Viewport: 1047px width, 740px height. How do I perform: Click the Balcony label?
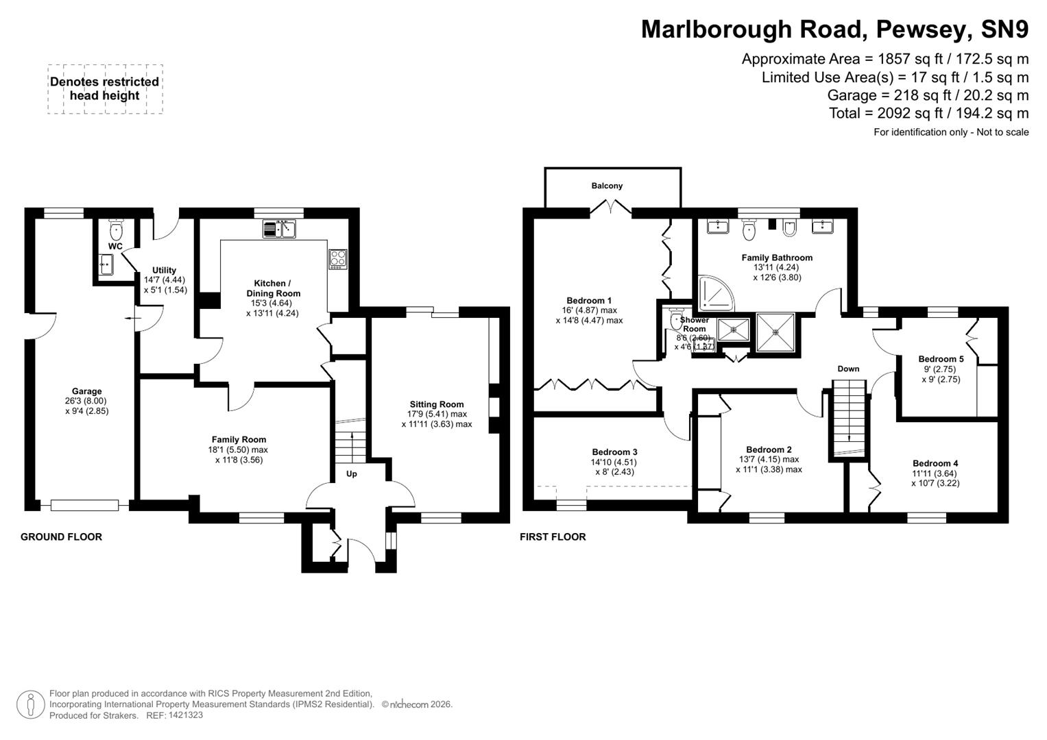(607, 186)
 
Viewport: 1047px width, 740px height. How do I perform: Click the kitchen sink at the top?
(279, 229)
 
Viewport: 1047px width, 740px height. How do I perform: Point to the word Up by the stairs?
(352, 474)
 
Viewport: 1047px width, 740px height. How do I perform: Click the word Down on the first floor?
(848, 369)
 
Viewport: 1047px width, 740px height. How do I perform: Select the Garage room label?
(87, 392)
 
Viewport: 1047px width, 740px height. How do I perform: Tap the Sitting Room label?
(437, 404)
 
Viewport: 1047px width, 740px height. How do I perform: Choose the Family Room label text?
(239, 440)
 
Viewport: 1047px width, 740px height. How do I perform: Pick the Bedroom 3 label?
(614, 452)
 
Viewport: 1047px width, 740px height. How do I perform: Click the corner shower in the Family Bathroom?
(714, 293)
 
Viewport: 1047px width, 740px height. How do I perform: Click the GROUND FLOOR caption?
(61, 537)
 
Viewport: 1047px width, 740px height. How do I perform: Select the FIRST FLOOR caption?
(553, 537)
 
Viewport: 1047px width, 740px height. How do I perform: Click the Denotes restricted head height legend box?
(105, 89)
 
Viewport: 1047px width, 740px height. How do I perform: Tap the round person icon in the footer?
(30, 704)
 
